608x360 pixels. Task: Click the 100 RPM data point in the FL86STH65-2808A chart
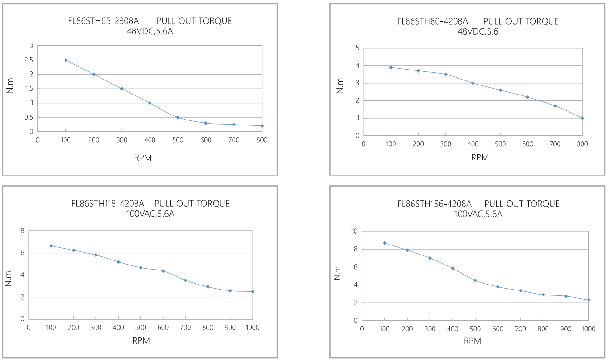click(x=65, y=60)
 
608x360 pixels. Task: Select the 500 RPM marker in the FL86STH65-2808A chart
click(x=178, y=117)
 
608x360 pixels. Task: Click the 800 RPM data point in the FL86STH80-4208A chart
click(x=582, y=118)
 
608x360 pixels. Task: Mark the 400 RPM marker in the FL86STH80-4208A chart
click(x=473, y=83)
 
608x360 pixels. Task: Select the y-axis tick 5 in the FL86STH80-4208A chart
click(x=357, y=48)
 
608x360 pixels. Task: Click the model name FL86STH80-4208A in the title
click(x=432, y=21)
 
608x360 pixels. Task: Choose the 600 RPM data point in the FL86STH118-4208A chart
click(x=163, y=271)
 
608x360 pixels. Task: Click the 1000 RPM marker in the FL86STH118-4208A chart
click(x=253, y=291)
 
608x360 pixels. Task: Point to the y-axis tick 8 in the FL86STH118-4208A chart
click(x=22, y=231)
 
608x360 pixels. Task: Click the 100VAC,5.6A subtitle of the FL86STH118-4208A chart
click(x=150, y=214)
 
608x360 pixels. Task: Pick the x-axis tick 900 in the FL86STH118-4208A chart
click(x=230, y=327)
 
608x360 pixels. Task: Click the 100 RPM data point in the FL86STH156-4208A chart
click(x=384, y=243)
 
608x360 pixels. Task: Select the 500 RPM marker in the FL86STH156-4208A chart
click(x=475, y=280)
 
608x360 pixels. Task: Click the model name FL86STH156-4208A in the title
click(x=434, y=204)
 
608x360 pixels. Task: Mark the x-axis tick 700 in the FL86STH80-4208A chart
click(x=555, y=144)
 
